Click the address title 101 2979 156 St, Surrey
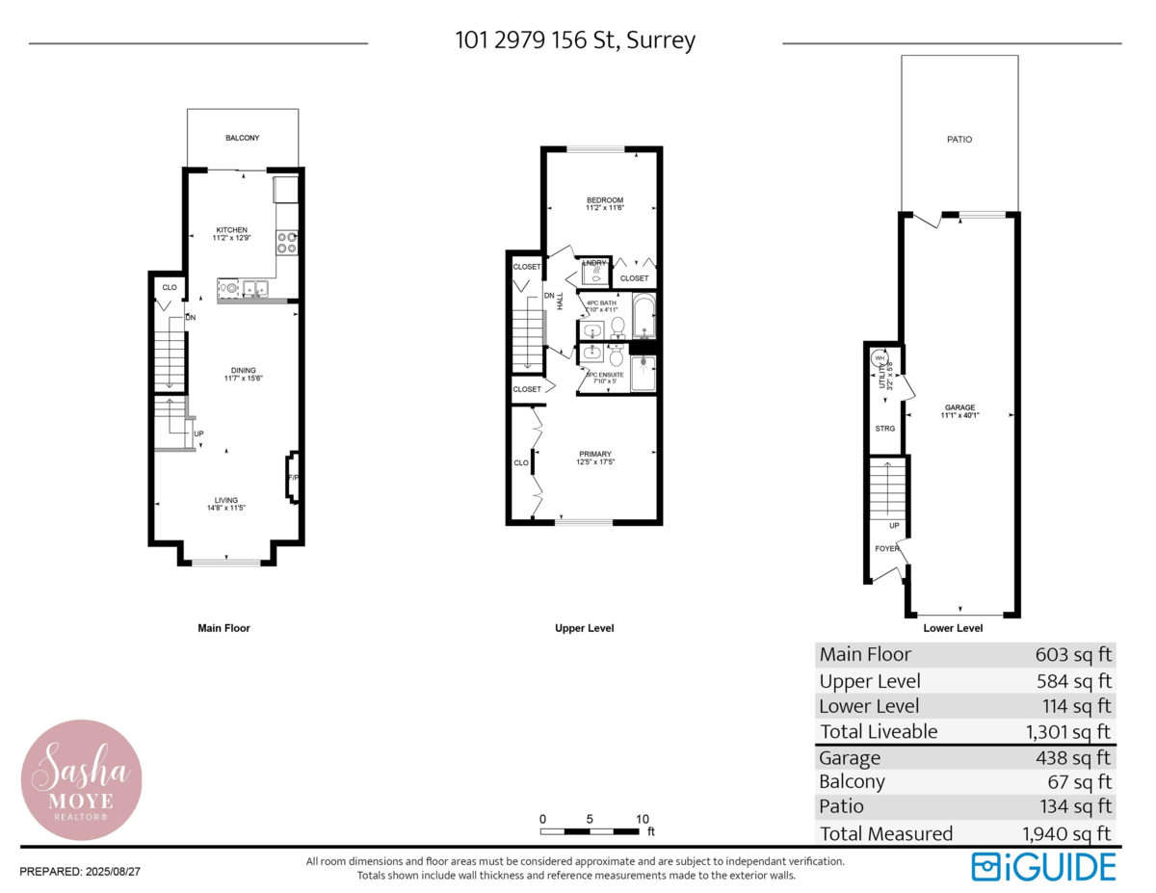click(575, 41)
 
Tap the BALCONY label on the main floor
click(242, 138)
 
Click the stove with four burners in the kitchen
click(286, 243)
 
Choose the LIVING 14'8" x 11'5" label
click(225, 504)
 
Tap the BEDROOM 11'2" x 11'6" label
click(604, 203)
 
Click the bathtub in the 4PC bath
click(644, 318)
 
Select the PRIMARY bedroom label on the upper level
click(594, 459)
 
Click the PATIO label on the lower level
click(959, 140)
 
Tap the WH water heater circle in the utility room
click(879, 358)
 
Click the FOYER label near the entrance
click(886, 549)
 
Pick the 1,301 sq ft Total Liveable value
click(1068, 732)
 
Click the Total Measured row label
click(885, 833)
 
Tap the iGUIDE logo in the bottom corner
click(1043, 866)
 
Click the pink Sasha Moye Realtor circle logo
click(82, 779)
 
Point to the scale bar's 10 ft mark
click(642, 819)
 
